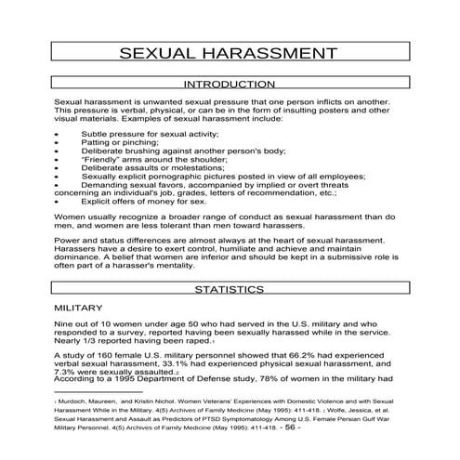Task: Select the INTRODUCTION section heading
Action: tap(230, 84)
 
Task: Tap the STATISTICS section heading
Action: tap(229, 290)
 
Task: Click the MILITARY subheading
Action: tap(80, 306)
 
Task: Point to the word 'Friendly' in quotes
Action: tap(102, 158)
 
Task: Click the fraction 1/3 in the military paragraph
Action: tap(96, 341)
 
